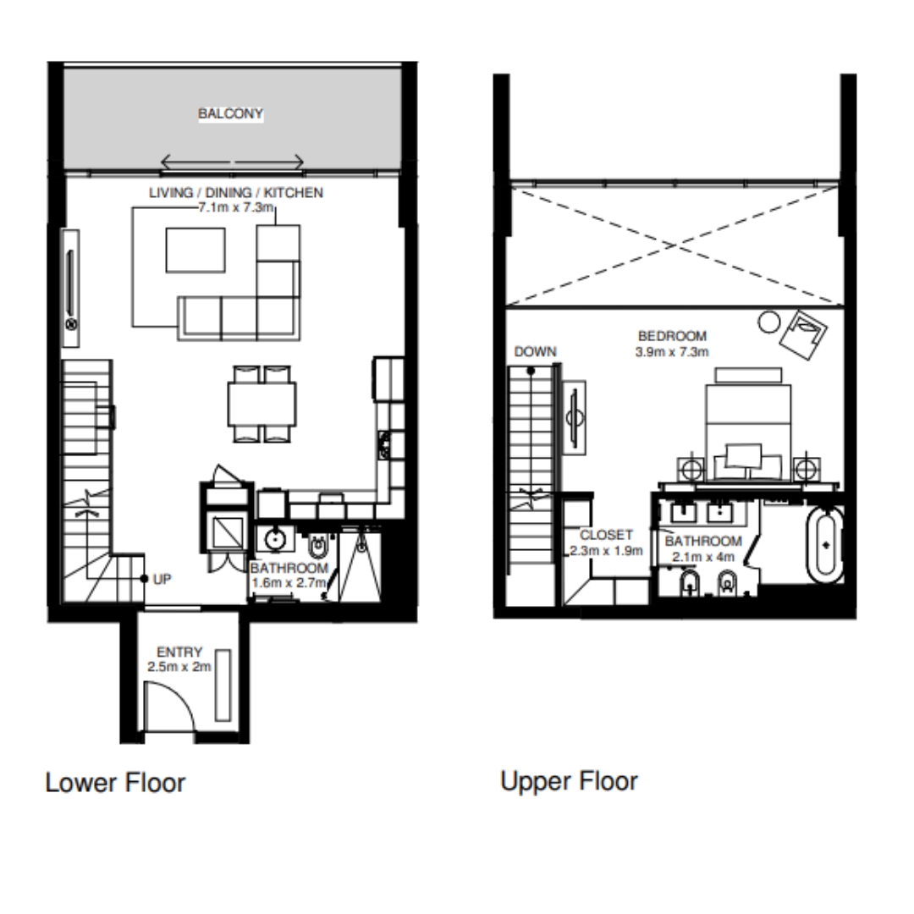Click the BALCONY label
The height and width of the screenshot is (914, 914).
click(x=230, y=113)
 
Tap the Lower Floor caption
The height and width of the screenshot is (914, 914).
click(x=115, y=783)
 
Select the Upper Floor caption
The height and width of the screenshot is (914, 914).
click(x=569, y=782)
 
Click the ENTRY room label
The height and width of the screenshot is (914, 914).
click(x=179, y=652)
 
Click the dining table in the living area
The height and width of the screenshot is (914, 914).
click(x=262, y=404)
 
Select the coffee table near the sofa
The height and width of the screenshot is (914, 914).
click(x=195, y=250)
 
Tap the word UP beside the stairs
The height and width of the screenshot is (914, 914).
click(x=162, y=580)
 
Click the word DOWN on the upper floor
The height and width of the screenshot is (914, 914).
click(x=535, y=352)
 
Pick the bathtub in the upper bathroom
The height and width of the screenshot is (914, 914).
click(x=825, y=545)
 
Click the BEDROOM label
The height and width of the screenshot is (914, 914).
click(x=672, y=336)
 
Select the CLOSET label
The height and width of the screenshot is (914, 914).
click(x=606, y=535)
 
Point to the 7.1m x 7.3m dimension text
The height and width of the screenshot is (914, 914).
click(x=236, y=207)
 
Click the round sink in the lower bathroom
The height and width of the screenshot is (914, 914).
click(x=274, y=539)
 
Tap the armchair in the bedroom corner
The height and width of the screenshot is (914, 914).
click(x=804, y=334)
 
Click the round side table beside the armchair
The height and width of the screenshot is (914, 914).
click(x=768, y=322)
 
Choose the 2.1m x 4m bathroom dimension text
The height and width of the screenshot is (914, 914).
click(x=703, y=557)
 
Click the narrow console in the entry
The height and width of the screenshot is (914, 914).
click(x=223, y=685)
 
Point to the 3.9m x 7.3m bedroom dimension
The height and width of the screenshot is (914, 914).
click(x=672, y=352)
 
